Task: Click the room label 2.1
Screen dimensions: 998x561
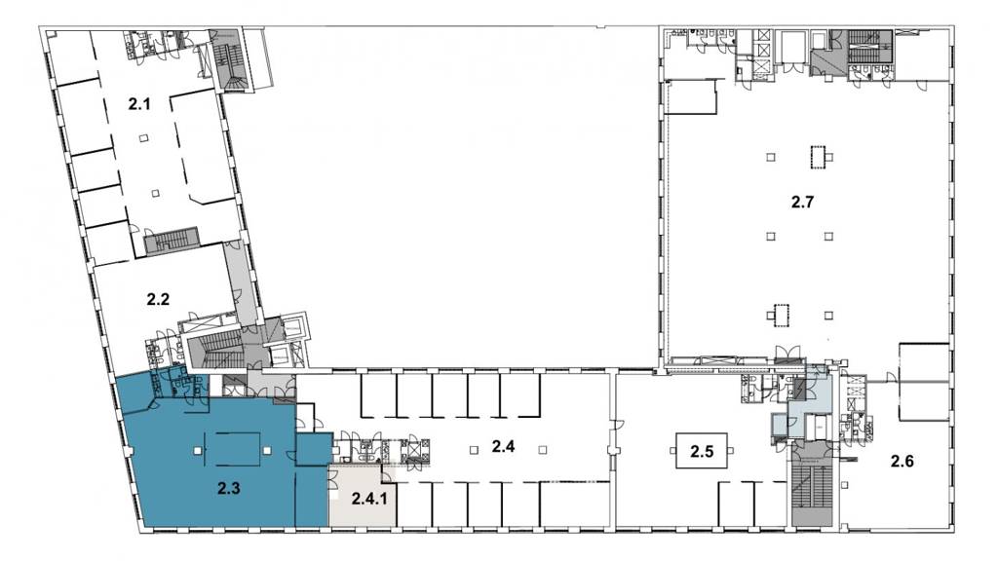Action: [139, 103]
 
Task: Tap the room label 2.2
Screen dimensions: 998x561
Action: [158, 299]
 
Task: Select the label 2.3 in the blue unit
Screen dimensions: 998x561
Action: [228, 489]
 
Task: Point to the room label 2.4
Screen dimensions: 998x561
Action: [503, 446]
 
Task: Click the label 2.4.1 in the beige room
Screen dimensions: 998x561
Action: [369, 498]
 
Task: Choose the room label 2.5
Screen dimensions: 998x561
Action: [702, 452]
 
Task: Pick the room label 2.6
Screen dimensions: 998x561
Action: [902, 461]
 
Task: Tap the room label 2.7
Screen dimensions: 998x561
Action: [802, 203]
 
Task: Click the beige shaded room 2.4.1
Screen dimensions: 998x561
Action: [362, 496]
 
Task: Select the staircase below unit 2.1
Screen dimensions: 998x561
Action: [172, 242]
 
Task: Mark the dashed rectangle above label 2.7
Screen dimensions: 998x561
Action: [818, 157]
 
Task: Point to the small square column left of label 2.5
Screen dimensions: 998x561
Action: [673, 451]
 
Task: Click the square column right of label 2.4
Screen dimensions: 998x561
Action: [542, 450]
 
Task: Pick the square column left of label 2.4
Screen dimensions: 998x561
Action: [474, 450]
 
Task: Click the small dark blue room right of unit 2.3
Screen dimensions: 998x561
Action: [314, 448]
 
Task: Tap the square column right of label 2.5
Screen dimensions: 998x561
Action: [731, 451]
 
